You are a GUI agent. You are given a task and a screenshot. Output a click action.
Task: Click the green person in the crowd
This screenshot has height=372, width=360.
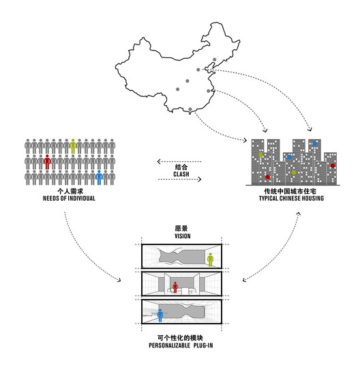tap(73, 146)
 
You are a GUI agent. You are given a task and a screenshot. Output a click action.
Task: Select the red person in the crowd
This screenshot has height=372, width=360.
tap(47, 162)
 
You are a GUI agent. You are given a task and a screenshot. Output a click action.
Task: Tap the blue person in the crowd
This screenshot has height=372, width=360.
tap(99, 177)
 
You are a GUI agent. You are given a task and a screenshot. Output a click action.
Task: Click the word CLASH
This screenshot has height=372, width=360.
tap(181, 174)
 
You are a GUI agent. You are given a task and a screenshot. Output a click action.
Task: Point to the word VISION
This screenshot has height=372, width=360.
tap(183, 236)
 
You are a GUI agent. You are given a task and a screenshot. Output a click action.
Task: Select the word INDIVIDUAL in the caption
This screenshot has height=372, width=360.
tap(81, 199)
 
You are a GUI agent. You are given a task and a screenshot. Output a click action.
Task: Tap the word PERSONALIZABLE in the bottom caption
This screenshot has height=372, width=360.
tap(169, 345)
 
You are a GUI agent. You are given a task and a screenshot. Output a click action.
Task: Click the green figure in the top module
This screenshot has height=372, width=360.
tap(210, 259)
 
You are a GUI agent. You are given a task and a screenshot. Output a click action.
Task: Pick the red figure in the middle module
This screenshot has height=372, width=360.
tap(175, 287)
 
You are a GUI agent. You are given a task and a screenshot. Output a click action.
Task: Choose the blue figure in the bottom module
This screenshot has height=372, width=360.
tap(160, 315)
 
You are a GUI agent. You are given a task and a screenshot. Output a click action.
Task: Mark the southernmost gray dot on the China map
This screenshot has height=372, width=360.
tap(190, 109)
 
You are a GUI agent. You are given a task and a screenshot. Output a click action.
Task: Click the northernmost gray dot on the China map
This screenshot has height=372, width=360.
tap(215, 59)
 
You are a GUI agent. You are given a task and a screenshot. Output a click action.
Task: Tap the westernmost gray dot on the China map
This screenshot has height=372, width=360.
tap(177, 89)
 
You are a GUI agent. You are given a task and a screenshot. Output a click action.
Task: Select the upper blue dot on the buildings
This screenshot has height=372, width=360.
tap(314, 143)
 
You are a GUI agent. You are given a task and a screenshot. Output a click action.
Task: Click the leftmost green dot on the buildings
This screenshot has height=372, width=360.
tap(260, 155)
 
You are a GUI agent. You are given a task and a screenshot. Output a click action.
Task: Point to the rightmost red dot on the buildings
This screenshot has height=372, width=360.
tap(333, 166)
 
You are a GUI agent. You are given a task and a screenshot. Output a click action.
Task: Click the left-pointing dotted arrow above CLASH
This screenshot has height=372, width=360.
tap(179, 162)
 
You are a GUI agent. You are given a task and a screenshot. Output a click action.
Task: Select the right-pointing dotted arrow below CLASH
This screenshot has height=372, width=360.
tap(179, 179)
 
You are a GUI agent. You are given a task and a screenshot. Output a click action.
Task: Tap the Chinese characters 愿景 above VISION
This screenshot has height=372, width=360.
tap(181, 228)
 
